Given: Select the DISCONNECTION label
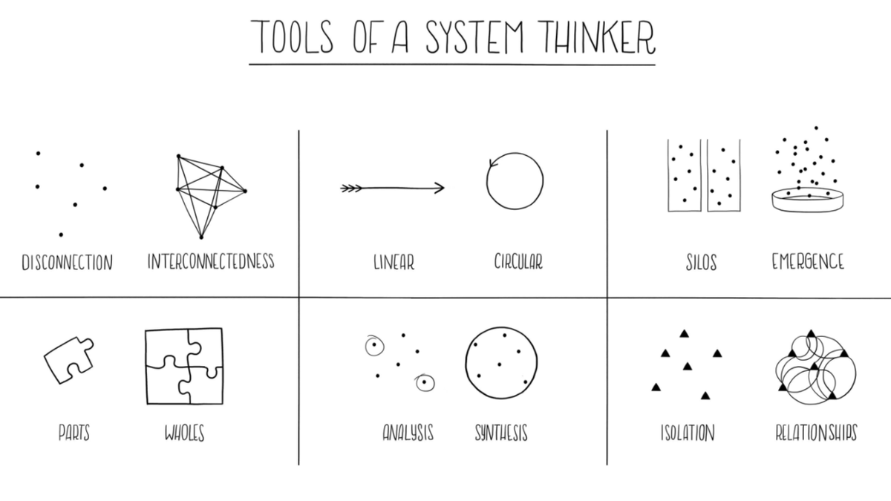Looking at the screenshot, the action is click(x=67, y=263).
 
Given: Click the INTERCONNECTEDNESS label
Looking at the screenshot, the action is click(x=211, y=261).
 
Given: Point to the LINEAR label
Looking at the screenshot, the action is click(x=394, y=262).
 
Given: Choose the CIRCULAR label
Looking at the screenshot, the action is click(x=518, y=262).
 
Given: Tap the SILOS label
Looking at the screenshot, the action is click(x=701, y=263).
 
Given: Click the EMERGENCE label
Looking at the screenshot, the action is click(x=808, y=262).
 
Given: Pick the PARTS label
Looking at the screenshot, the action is click(x=74, y=433).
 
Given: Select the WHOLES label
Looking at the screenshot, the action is click(x=184, y=433).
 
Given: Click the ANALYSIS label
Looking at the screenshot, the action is click(x=408, y=433).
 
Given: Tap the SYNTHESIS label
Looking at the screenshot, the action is click(x=501, y=433).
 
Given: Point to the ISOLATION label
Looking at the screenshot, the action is click(x=688, y=433).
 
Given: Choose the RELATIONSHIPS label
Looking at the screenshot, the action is click(x=816, y=433).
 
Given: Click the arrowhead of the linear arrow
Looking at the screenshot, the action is click(x=440, y=189).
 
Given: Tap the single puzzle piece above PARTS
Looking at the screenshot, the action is click(x=69, y=359).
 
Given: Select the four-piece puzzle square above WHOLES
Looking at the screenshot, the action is click(x=184, y=366).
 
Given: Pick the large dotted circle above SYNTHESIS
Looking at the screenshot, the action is click(x=501, y=362).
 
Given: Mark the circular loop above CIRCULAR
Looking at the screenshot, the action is click(x=515, y=182).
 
